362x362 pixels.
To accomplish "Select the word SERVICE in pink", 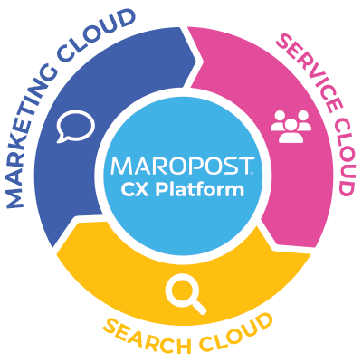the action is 310,71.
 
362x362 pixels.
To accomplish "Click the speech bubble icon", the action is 75,127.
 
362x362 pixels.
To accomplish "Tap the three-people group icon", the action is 291,127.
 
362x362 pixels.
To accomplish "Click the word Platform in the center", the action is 200,189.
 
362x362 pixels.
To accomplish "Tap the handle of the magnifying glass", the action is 199,308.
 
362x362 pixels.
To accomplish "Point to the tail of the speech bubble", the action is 62,139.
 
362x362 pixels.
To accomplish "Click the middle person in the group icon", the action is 291,130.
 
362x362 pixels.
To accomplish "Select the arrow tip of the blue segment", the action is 195,61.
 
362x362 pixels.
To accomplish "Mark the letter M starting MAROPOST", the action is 120,166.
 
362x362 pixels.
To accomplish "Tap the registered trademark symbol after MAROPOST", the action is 252,173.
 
